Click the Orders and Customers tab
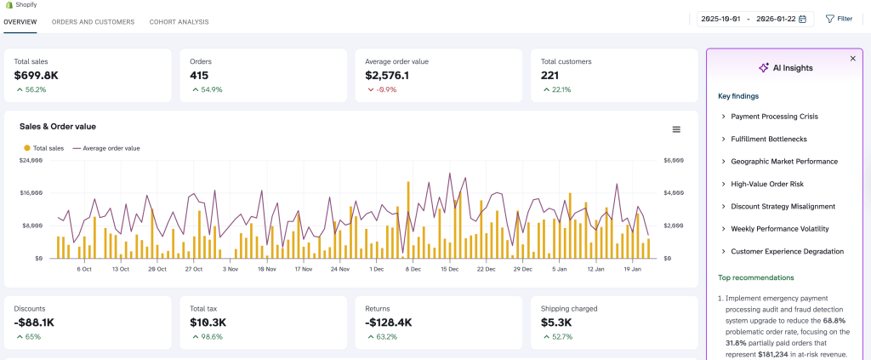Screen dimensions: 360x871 (x=93, y=22)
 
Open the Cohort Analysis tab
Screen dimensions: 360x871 (x=179, y=22)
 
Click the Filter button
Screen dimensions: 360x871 (x=839, y=19)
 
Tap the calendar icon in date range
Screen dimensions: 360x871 (x=802, y=19)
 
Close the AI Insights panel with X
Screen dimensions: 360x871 (x=852, y=59)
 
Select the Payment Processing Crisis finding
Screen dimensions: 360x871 (x=774, y=117)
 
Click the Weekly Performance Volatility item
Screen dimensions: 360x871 (x=779, y=229)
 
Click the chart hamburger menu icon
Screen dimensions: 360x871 (x=676, y=129)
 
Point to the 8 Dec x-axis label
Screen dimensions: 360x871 (x=413, y=269)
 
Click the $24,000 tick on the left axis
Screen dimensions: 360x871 (x=31, y=160)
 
